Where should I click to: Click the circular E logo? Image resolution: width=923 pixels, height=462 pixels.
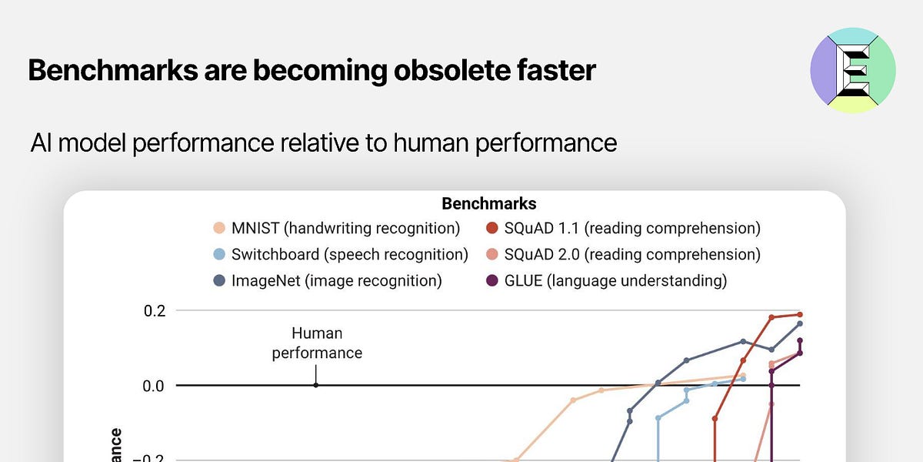coord(852,70)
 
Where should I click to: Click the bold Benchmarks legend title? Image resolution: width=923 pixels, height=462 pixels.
coord(488,204)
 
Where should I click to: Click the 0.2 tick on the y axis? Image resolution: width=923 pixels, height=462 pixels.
coord(155,311)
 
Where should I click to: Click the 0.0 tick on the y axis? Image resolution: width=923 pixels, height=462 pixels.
coord(155,385)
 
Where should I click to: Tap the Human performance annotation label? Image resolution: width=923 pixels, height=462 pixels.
coord(317,343)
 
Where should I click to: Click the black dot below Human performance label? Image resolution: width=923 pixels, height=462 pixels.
coord(316,385)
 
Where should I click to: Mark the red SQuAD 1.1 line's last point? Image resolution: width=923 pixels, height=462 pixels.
coord(800,315)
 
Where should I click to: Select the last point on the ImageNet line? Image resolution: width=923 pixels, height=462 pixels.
coord(800,324)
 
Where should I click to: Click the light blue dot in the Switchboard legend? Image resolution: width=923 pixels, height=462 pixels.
coord(219,255)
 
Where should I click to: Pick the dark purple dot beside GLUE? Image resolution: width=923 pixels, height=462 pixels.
coord(492,281)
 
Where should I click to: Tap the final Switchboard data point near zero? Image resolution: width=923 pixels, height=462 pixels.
coord(743,379)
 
